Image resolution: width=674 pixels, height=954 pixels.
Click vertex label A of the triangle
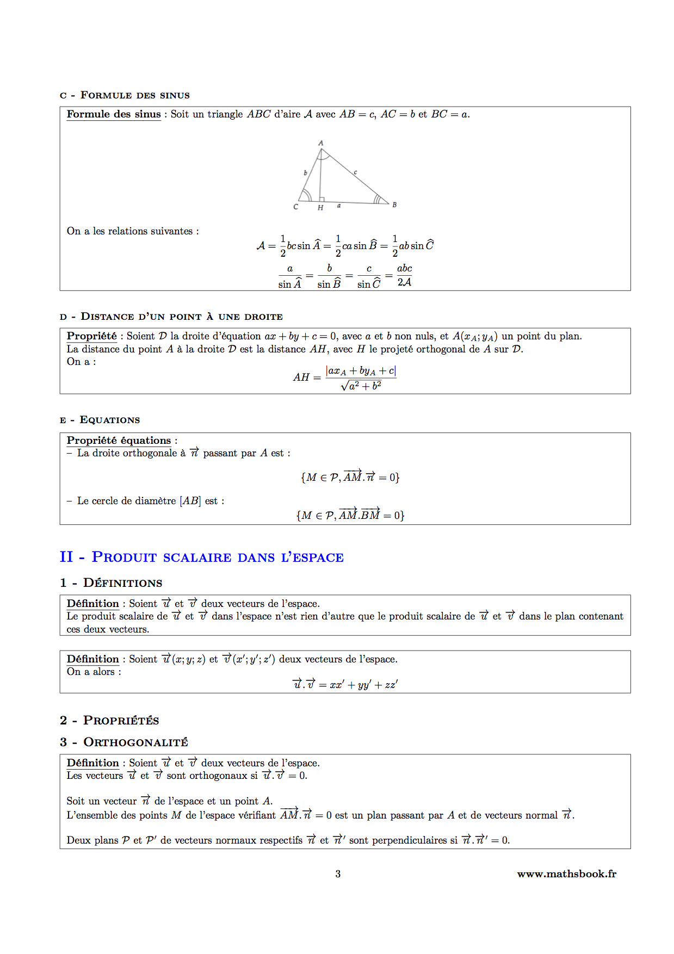point(321,143)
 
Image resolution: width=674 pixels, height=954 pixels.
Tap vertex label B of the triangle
point(394,205)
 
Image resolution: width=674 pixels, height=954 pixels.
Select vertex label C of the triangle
point(296,207)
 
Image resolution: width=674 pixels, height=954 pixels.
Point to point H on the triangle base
point(320,207)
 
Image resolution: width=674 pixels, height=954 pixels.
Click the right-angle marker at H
point(322,200)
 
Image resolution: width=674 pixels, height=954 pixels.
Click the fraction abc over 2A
point(404,275)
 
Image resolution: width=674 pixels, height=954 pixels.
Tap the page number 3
point(338,874)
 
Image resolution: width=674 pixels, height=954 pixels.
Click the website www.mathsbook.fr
point(566,874)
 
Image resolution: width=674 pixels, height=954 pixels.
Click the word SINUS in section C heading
point(175,96)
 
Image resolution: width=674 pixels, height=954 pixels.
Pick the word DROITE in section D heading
point(264,317)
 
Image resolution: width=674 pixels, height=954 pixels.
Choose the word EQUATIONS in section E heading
point(110,420)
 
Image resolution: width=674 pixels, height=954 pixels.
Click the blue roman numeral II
point(66,557)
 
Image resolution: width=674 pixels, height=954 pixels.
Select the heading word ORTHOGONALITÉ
point(135,742)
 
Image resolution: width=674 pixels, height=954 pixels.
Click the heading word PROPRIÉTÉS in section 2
point(121,721)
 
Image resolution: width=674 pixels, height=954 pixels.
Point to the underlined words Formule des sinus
point(114,114)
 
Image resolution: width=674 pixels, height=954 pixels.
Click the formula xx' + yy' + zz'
point(363,685)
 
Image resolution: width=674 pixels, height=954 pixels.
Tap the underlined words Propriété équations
point(119,441)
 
